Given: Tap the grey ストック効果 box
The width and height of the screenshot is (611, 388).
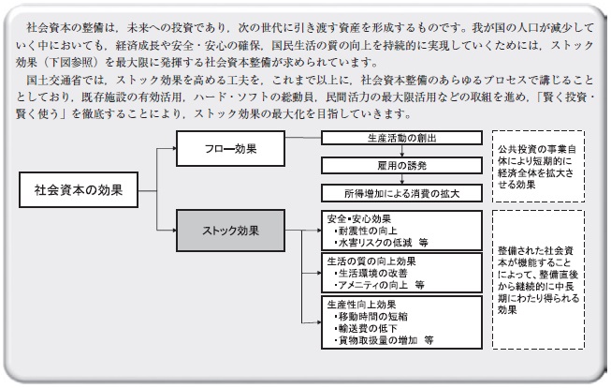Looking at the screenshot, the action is [x=230, y=231].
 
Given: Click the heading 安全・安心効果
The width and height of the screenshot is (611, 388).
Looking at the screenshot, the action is [x=359, y=218].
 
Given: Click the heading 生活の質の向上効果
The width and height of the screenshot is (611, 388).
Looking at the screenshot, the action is [x=371, y=261].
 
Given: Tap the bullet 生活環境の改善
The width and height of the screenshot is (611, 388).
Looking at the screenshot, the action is [x=371, y=274].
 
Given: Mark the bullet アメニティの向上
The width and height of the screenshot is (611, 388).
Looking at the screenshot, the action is [x=371, y=285].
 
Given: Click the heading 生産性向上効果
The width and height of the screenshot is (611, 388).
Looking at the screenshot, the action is [x=361, y=305].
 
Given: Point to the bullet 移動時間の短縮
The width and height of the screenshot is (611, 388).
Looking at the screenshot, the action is [x=371, y=317].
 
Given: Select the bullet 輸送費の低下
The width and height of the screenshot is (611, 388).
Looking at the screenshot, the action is [x=366, y=329].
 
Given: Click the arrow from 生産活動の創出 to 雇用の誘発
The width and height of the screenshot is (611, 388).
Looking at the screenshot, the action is [x=401, y=152].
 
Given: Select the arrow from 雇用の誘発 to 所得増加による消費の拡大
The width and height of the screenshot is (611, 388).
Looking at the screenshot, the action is [x=401, y=180].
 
